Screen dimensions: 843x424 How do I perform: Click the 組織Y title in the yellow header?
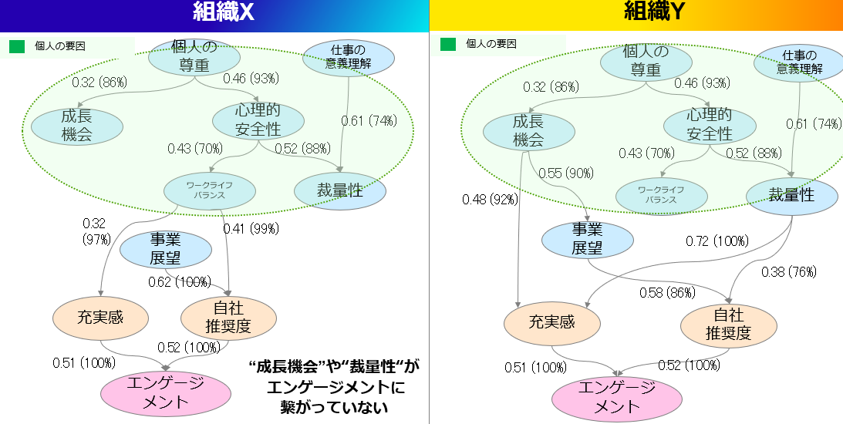coord(653,12)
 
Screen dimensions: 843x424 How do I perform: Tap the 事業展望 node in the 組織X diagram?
coord(166,249)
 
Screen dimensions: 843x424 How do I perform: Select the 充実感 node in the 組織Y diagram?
coord(552,322)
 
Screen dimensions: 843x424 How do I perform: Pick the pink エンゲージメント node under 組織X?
coord(166,393)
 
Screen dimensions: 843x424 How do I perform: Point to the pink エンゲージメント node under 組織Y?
coord(617,398)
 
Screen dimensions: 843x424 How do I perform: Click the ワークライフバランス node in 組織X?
coord(210,190)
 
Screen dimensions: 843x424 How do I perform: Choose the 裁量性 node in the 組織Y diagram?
coord(791,195)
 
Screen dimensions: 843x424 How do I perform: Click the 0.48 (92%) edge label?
coord(490,200)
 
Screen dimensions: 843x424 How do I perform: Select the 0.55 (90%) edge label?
coord(566,173)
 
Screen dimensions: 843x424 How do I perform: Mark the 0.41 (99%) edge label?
coord(251,229)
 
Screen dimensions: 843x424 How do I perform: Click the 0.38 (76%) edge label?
coord(789,272)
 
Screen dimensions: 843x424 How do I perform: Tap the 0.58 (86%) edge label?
coord(667,293)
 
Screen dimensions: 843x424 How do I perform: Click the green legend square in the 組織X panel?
coord(17,47)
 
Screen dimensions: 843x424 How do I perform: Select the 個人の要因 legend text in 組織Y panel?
coord(491,43)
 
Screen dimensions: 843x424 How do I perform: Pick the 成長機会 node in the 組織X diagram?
coord(77,126)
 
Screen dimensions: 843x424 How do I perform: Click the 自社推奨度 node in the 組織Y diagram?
coord(729,324)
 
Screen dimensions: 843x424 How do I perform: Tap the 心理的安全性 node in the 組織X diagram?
coord(258,119)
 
